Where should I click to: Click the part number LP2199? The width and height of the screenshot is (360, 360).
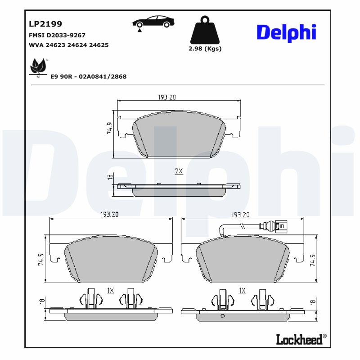(x=45, y=24)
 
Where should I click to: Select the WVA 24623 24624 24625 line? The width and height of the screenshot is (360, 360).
(x=69, y=45)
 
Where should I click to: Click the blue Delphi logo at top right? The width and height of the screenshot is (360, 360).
(x=286, y=32)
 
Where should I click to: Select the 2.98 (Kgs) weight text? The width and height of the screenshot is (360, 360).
(x=205, y=49)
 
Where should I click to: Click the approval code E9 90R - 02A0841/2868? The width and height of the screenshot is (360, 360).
(x=88, y=76)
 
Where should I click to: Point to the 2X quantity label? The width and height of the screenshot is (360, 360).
(x=179, y=171)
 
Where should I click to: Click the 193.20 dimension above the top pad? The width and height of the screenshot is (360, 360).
(x=166, y=97)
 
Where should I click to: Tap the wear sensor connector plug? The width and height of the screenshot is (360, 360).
(x=282, y=225)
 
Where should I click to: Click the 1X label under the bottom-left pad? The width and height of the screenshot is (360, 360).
(x=110, y=291)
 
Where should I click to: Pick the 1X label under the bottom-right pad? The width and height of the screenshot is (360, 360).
(x=242, y=291)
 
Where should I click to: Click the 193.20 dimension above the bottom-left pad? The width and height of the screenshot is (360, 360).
(x=109, y=215)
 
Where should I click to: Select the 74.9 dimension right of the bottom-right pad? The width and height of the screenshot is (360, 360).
(x=312, y=260)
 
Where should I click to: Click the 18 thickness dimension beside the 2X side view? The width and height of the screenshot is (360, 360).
(x=110, y=177)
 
